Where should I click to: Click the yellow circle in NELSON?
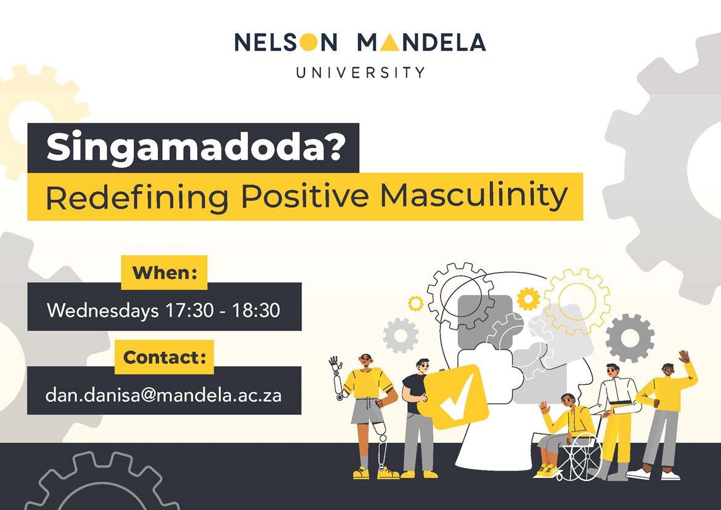[x=309, y=42]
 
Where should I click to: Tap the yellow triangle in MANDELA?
[x=389, y=43]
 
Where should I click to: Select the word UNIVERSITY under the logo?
[x=360, y=73]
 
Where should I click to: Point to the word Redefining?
[x=137, y=197]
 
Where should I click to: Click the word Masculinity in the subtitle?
[x=474, y=195]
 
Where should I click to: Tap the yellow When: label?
[x=164, y=273]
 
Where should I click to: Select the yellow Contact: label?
[x=164, y=357]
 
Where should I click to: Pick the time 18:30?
[x=256, y=310]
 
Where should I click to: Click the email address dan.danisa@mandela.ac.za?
[x=164, y=395]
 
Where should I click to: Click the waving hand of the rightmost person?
[x=684, y=356]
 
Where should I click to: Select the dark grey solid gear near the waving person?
[x=630, y=339]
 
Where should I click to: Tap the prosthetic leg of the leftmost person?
[x=381, y=446]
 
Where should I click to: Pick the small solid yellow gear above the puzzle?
[x=528, y=298]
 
